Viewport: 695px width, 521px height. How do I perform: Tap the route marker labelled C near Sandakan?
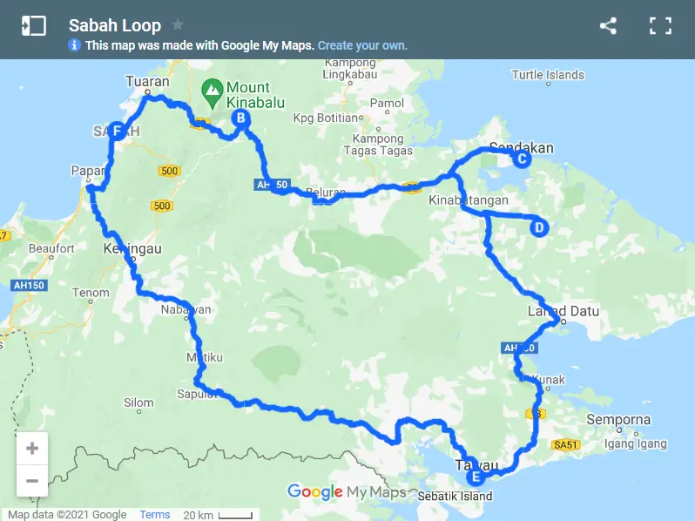pos(521,159)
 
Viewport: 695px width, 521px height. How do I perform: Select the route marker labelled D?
pos(538,228)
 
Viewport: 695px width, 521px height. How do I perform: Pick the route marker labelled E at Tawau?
pos(475,477)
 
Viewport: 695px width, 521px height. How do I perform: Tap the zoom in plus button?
pos(32,449)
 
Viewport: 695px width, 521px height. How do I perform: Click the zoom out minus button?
pos(32,480)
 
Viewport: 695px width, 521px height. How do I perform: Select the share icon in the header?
pos(608,26)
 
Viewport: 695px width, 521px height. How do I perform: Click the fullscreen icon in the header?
pos(660,26)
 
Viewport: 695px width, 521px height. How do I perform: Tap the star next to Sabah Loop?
pos(178,24)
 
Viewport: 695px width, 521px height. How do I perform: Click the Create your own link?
pos(362,45)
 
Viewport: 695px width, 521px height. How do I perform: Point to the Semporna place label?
pos(617,420)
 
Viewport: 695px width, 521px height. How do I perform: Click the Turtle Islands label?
pos(548,75)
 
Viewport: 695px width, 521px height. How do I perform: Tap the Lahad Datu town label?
pos(563,311)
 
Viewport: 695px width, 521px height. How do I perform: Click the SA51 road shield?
pos(565,445)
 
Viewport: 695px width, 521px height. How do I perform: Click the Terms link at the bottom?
pos(155,515)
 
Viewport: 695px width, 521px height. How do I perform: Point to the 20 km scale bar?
pos(219,515)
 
